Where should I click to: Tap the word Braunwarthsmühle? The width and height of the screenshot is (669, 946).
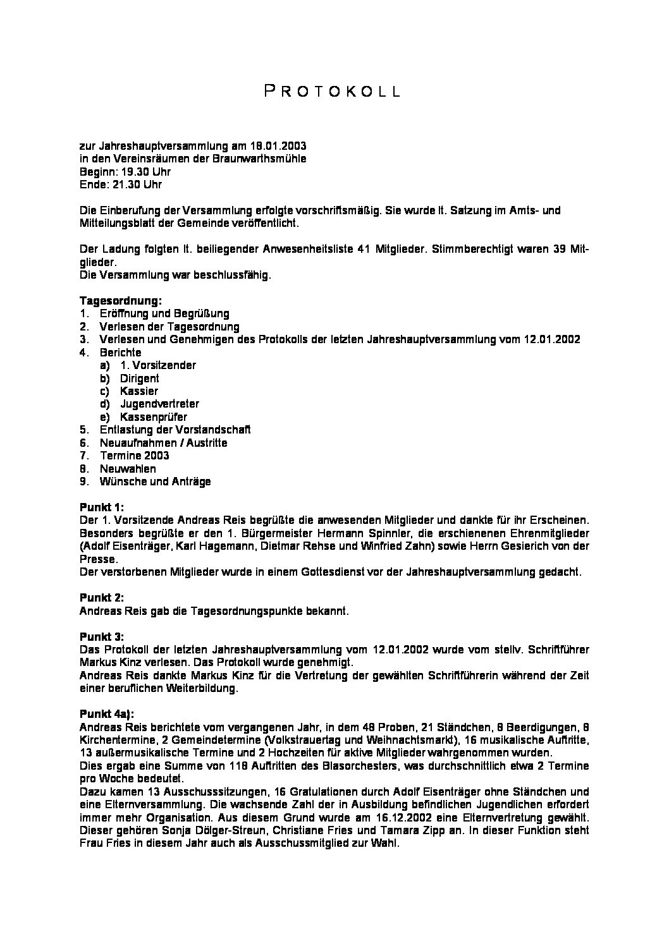pos(266,159)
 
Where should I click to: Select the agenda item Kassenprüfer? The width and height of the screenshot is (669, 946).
pos(153,417)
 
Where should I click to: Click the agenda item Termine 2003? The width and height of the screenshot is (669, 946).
pos(134,456)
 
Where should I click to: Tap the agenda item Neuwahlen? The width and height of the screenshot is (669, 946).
pos(128,469)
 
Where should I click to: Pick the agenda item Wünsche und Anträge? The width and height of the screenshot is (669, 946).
pos(155,482)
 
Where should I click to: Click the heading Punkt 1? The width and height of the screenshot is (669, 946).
pos(102,507)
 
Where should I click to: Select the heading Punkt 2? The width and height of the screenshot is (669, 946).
pos(102,597)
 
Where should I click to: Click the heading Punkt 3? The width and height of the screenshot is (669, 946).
pos(102,636)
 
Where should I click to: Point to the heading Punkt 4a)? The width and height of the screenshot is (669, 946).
pos(107,713)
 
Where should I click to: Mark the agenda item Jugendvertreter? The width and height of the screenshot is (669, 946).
pos(159,404)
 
